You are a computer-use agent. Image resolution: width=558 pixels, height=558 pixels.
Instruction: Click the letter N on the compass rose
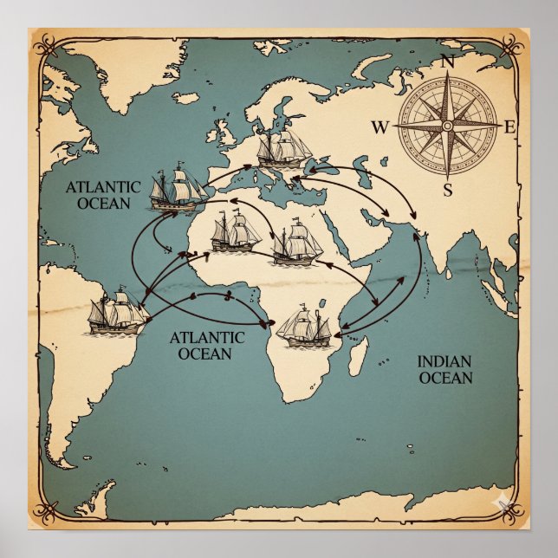coord(449,62)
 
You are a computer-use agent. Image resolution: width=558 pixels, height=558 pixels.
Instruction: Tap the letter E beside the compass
coord(510,128)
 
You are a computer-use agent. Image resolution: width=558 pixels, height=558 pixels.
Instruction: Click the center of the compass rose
coord(447,127)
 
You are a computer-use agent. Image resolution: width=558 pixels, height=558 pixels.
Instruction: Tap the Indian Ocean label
coord(445,370)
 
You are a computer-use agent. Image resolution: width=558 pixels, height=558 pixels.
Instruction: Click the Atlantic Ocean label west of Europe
coord(102,195)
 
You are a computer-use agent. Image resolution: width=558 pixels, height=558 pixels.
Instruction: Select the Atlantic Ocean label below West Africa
coord(204,345)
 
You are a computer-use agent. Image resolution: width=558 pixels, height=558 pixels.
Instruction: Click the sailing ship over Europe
coord(283,149)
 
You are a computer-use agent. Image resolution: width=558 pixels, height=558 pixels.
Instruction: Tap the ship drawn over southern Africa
coord(305,327)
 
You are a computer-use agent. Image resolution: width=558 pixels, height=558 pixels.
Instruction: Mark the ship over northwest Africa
coord(231,230)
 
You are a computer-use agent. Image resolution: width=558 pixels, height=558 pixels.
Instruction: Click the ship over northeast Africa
coord(296,243)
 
